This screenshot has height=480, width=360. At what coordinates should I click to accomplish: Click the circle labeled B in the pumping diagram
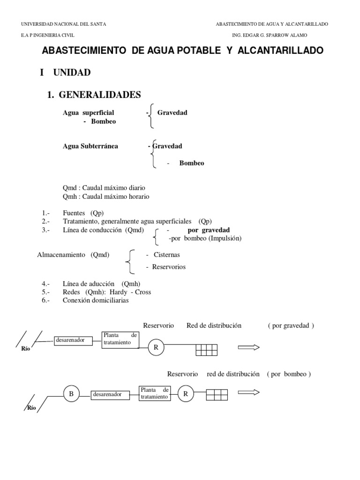click(71, 394)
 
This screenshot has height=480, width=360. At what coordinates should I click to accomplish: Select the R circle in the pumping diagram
click(186, 394)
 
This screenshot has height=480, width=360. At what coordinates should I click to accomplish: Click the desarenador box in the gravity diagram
click(70, 340)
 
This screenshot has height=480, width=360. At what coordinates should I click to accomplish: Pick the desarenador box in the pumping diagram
click(107, 395)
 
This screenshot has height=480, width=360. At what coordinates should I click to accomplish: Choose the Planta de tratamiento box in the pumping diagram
click(154, 393)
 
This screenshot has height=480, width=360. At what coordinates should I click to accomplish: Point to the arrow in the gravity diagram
click(248, 347)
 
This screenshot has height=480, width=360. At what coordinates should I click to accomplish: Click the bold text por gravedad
click(209, 230)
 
